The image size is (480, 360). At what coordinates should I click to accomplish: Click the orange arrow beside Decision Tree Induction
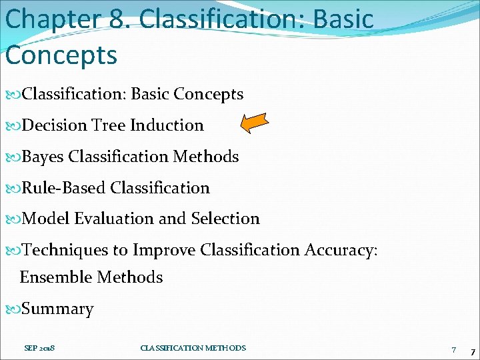click(254, 123)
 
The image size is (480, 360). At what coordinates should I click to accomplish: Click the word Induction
click(167, 125)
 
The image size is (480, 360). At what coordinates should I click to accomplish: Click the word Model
click(46, 219)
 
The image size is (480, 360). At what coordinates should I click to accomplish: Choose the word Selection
click(225, 219)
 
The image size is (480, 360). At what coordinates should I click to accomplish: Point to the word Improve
click(164, 250)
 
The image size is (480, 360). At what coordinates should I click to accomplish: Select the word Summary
click(57, 309)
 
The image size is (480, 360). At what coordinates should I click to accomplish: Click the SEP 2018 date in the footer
click(40, 348)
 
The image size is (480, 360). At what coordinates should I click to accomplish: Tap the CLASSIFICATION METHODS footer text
click(193, 348)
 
